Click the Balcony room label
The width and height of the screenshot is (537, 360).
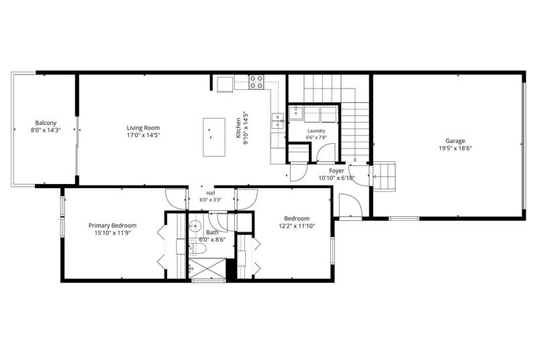click(46, 123)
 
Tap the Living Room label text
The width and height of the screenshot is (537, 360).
click(143, 128)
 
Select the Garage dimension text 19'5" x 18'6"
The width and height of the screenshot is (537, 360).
click(455, 148)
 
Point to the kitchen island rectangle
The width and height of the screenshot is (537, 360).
click(214, 137)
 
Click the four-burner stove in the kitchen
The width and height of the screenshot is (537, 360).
click(256, 82)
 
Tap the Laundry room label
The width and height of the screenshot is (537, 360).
click(316, 130)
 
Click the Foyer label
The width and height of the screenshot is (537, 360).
click(336, 171)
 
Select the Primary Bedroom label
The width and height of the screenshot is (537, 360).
click(112, 226)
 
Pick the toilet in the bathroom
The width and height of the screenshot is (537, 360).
click(198, 249)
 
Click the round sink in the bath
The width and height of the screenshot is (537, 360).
click(195, 226)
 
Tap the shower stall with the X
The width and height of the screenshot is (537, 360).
click(207, 269)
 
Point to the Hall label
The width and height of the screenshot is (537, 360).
click(211, 193)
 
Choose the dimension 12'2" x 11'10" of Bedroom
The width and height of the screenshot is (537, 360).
click(297, 226)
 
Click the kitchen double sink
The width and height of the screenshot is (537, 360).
click(278, 121)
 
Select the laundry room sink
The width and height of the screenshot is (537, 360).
click(295, 113)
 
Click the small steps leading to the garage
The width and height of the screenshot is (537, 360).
click(383, 177)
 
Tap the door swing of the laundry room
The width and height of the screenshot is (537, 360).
click(326, 152)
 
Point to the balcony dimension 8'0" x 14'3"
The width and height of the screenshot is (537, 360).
click(46, 130)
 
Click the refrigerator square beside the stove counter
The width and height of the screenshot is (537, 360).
click(225, 84)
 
